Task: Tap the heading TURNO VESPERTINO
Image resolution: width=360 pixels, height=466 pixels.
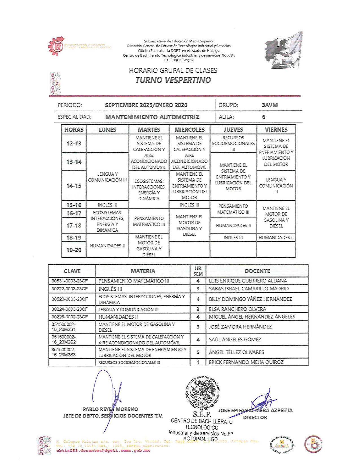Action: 173,80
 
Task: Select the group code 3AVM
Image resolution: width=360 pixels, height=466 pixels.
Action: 270,105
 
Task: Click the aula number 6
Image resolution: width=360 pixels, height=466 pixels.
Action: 263,117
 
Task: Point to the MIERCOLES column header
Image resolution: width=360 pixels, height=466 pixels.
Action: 189,130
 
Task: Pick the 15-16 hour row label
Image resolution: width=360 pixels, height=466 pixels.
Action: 74,205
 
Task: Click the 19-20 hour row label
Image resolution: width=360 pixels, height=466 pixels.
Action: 74,250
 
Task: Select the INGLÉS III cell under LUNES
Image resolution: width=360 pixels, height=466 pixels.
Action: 107,205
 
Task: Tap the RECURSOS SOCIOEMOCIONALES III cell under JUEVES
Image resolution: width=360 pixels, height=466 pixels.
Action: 233,143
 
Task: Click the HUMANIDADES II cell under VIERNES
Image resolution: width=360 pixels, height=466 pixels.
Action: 276,238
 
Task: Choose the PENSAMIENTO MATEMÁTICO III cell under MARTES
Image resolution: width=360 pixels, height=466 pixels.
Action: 149,221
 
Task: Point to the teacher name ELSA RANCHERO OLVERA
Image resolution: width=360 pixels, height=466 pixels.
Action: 237,309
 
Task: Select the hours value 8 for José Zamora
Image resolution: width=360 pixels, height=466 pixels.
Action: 198,327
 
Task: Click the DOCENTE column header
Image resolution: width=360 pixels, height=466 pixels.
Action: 257,271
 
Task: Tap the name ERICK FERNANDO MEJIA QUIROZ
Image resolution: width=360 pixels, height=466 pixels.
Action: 246,362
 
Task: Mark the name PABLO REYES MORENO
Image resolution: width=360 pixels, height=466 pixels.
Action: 110,409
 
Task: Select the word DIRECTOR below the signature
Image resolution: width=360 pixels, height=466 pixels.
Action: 255,417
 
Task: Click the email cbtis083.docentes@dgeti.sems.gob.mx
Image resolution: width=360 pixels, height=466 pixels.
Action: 103,450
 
